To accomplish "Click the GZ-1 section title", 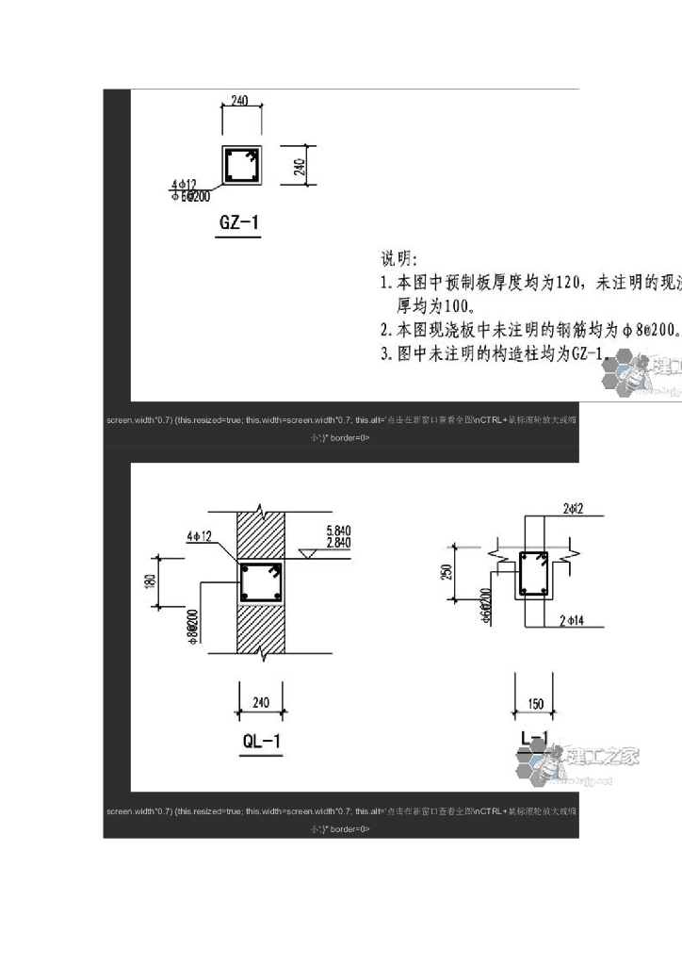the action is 238,224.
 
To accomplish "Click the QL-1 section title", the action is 261,741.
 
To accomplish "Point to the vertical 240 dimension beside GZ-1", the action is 300,167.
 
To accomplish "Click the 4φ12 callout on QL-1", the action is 199,535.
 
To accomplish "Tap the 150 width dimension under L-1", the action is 533,703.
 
